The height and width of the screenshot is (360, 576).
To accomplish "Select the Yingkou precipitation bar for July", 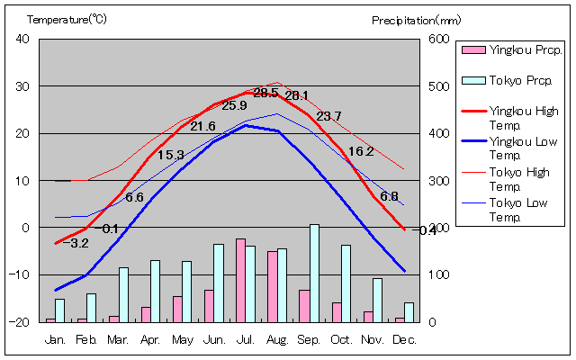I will coord(240,280).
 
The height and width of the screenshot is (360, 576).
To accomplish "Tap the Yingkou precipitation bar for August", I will coord(272,286).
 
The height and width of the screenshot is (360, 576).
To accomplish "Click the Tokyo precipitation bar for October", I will coord(346,283).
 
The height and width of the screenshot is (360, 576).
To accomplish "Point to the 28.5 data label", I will coord(265,93).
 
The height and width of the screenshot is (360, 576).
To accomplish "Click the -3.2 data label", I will coord(77,243).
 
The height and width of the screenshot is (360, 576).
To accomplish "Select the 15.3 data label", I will coord(170,155).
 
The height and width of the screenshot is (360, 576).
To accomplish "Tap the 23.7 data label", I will coord(328,116).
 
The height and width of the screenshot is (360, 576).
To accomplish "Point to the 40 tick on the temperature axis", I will coord(22,39).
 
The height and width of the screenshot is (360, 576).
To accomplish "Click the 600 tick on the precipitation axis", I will coord(437,39).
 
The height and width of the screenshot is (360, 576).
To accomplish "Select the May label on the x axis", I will coord(182,339).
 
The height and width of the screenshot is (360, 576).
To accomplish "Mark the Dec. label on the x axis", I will coord(404,339).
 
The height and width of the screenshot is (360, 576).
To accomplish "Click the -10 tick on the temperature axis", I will coord(21,274).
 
